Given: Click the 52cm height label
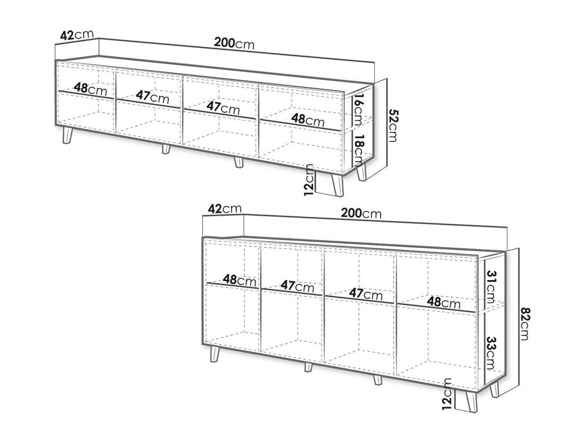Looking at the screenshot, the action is [392, 125].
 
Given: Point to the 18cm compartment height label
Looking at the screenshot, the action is [358, 151].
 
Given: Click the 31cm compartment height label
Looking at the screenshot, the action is [491, 287].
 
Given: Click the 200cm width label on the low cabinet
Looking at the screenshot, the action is [234, 43].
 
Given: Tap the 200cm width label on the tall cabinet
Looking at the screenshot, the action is [361, 213].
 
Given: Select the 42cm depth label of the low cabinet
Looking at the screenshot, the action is [77, 35].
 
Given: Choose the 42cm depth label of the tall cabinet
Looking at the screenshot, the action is [225, 209].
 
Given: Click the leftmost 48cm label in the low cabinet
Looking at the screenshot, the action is [90, 89].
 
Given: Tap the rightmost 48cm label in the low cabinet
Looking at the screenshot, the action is [308, 120].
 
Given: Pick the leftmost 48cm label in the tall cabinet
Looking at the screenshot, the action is [240, 280].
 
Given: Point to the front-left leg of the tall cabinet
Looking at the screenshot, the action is [214, 354].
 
